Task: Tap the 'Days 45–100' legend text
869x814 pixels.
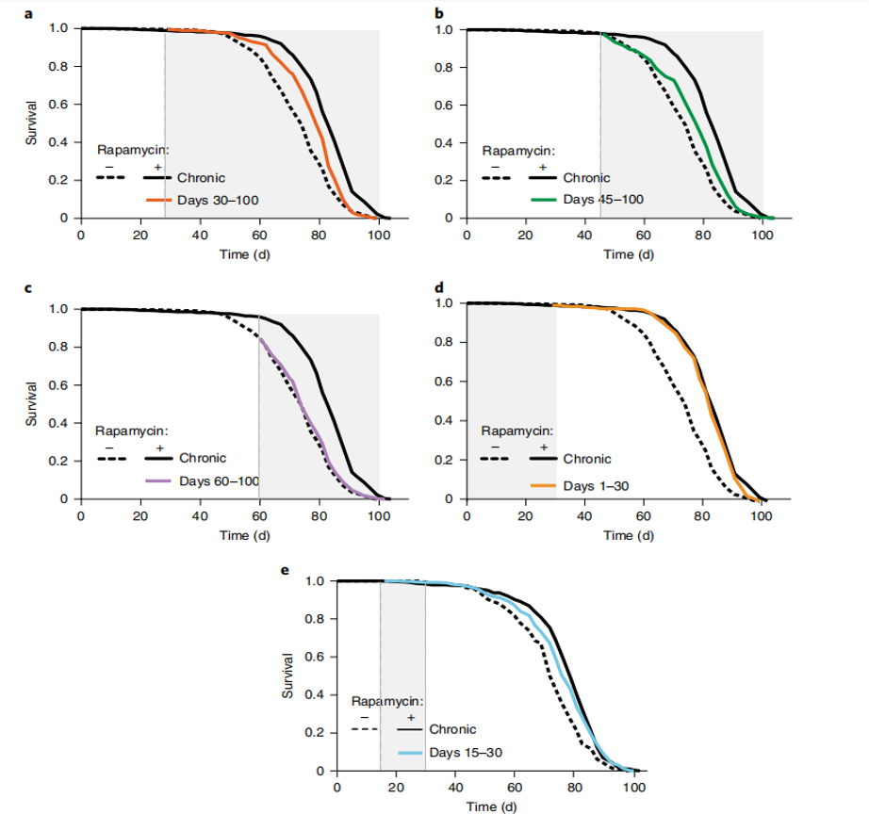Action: [x=602, y=200]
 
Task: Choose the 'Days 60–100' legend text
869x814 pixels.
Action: [x=219, y=480]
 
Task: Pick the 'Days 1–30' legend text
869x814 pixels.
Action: [x=597, y=485]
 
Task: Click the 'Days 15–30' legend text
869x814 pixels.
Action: [x=466, y=753]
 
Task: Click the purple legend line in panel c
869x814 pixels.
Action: [x=158, y=480]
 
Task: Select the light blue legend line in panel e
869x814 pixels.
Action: [x=412, y=753]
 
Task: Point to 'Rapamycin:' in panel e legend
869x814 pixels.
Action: [x=388, y=701]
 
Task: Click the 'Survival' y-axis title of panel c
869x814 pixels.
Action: [x=31, y=403]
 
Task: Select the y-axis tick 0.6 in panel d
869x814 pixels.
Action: [x=443, y=382]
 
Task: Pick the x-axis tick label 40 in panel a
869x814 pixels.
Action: [x=200, y=236]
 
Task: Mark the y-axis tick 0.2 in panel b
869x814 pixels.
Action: [x=443, y=180]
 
